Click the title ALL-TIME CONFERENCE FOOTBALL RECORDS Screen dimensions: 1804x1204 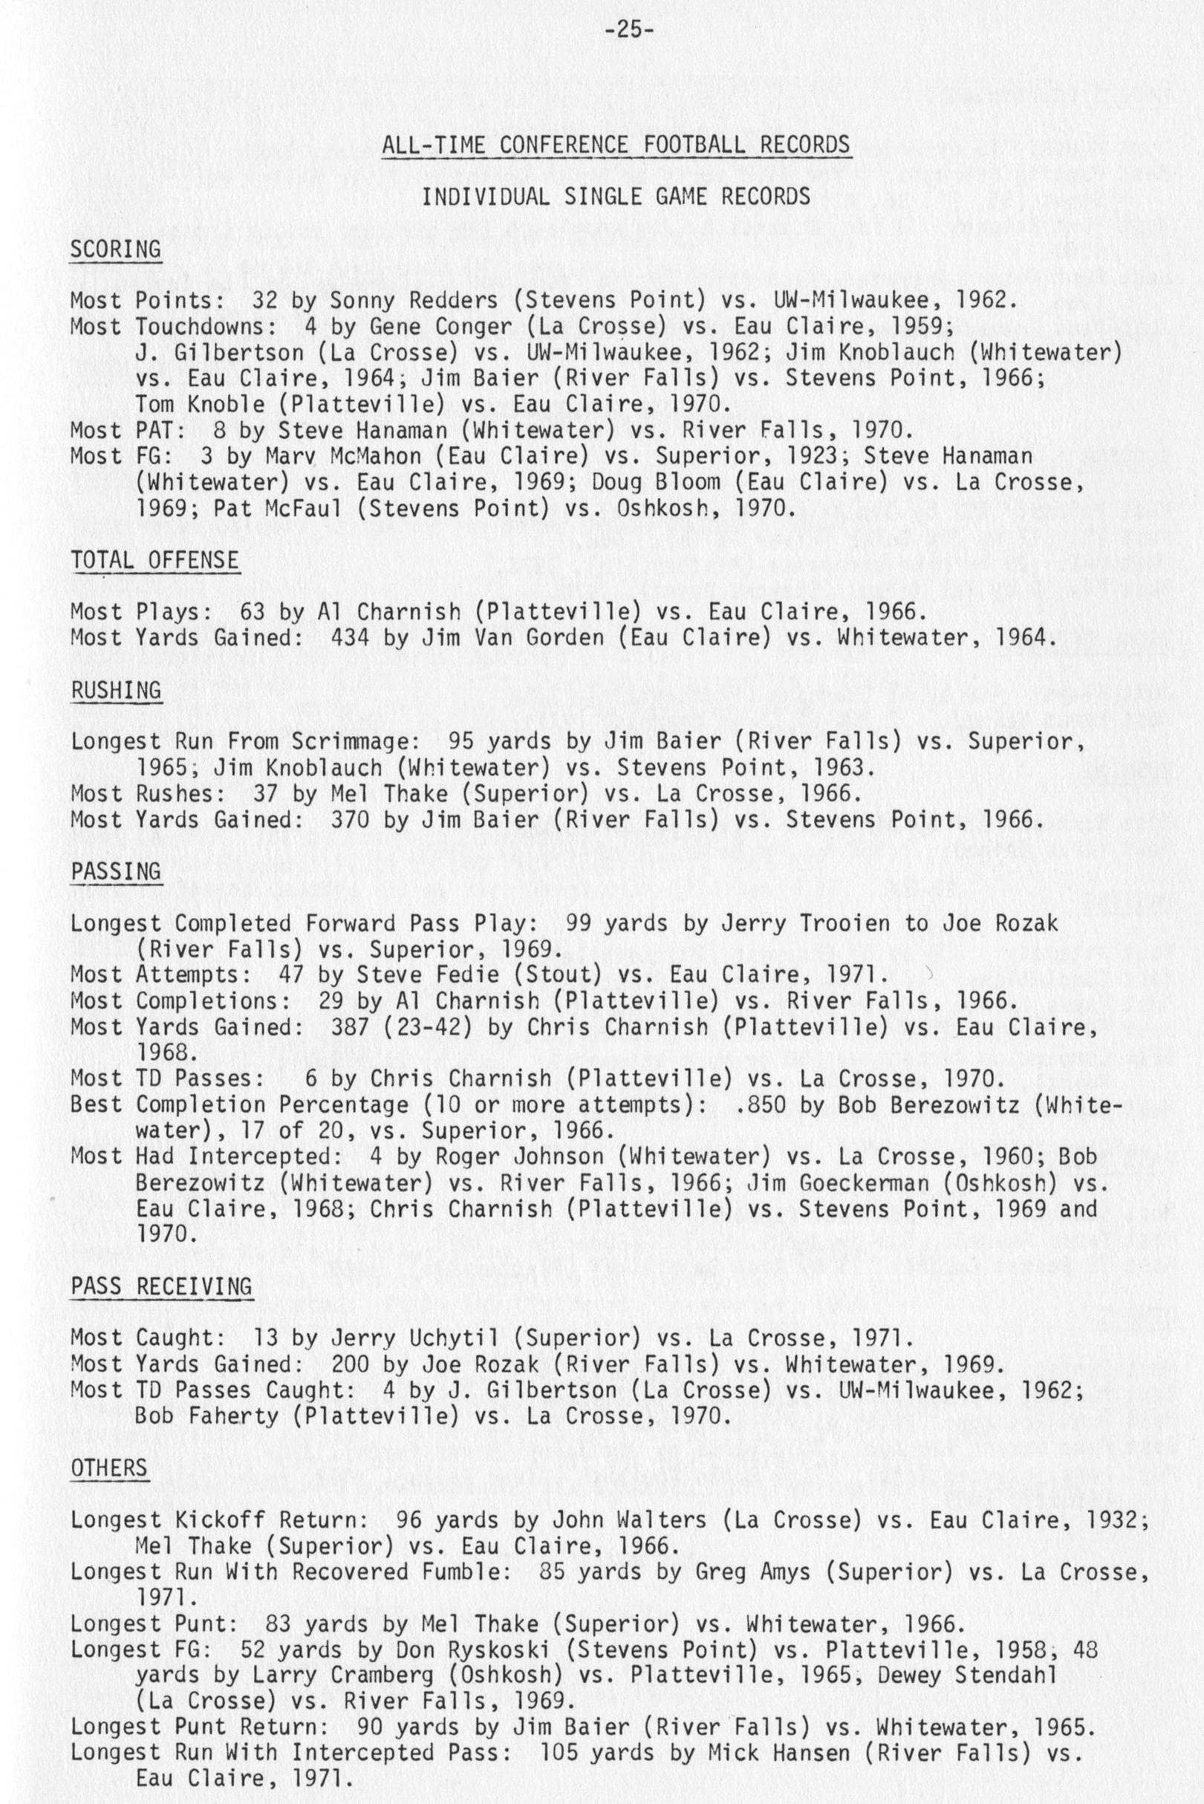(x=616, y=144)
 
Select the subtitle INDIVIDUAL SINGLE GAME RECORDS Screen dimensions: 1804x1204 (x=616, y=198)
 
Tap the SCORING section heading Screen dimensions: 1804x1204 (x=115, y=250)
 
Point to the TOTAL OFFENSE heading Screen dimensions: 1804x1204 (x=154, y=560)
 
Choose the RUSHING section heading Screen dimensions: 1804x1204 (x=116, y=690)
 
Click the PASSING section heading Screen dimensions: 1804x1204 (x=116, y=871)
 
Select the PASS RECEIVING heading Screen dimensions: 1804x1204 (x=161, y=1286)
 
